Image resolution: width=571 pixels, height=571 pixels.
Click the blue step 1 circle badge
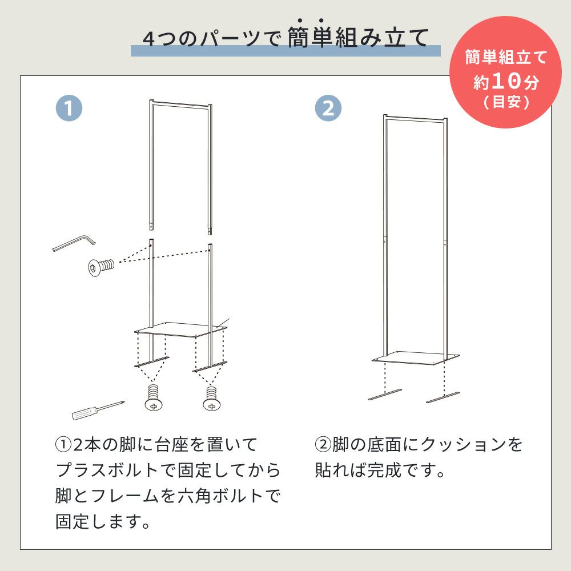pyautogui.click(x=69, y=108)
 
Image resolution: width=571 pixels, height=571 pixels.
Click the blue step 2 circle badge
pyautogui.click(x=328, y=108)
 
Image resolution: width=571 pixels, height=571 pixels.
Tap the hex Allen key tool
pyautogui.click(x=74, y=243)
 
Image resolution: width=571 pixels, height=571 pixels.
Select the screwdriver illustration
pyautogui.click(x=98, y=411)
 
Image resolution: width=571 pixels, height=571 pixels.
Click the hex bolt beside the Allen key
pyautogui.click(x=101, y=266)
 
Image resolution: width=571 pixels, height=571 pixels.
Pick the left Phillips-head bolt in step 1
pyautogui.click(x=154, y=397)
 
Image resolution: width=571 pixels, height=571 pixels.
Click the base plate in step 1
pyautogui.click(x=180, y=329)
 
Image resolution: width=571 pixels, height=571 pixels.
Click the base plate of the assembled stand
pyautogui.click(x=416, y=358)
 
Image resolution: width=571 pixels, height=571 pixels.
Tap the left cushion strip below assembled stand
pyautogui.click(x=385, y=395)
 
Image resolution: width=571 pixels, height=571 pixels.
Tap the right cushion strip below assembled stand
pyautogui.click(x=443, y=397)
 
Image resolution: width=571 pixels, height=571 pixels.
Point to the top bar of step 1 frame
pyautogui.click(x=180, y=104)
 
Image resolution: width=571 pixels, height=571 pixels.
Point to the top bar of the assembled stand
pyautogui.click(x=415, y=118)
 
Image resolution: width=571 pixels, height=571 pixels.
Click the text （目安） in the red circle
pyautogui.click(x=506, y=102)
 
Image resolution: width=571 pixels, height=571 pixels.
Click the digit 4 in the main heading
pyautogui.click(x=148, y=38)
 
